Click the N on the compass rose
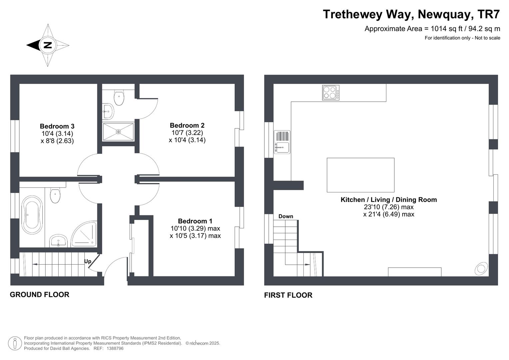coord(48,45)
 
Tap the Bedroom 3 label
coord(57,126)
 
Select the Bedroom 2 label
coord(187,125)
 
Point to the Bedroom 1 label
coord(195,221)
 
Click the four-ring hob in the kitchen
coord(331,93)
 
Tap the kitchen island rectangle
coord(361,175)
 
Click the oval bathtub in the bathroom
coord(32,215)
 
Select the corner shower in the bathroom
coord(84,234)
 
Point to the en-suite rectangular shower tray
coord(118,132)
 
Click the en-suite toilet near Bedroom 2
coord(119,97)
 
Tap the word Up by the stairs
coord(88,261)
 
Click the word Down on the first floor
coord(286,216)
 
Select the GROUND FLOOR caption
coord(40,295)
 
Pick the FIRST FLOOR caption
coord(288,295)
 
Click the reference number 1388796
coord(115,348)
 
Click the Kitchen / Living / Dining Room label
coord(389,200)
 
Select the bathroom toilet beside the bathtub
coord(55,195)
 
